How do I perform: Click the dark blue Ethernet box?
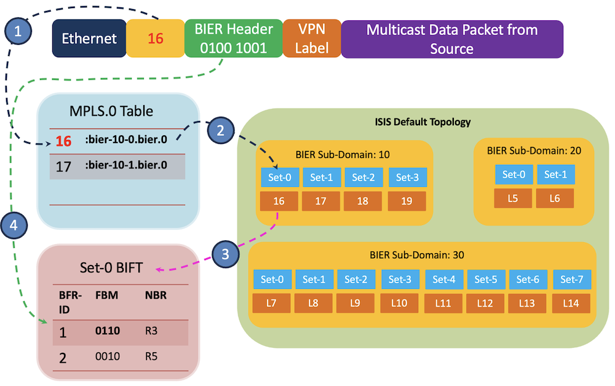pyautogui.click(x=89, y=38)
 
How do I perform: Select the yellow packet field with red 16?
pyautogui.click(x=156, y=38)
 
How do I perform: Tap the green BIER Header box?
pyautogui.click(x=234, y=38)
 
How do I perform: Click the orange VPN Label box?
pyautogui.click(x=312, y=38)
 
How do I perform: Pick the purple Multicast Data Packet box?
pyautogui.click(x=452, y=39)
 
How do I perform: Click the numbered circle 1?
pyautogui.click(x=18, y=31)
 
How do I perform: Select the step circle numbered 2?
pyautogui.click(x=220, y=130)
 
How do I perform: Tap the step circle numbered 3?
pyautogui.click(x=225, y=254)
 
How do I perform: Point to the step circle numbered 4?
pyautogui.click(x=14, y=226)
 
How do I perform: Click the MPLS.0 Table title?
pyautogui.click(x=111, y=111)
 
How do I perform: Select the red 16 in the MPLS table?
pyautogui.click(x=63, y=141)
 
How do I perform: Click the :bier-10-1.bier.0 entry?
pyautogui.click(x=126, y=165)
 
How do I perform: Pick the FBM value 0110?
pyautogui.click(x=108, y=331)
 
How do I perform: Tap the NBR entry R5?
pyautogui.click(x=151, y=356)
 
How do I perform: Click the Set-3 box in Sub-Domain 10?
pyautogui.click(x=408, y=178)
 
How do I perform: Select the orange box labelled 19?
pyautogui.click(x=407, y=201)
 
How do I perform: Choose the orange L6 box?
pyautogui.click(x=555, y=199)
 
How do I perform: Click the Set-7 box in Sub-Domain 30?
pyautogui.click(x=572, y=280)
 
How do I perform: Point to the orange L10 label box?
pyautogui.click(x=399, y=303)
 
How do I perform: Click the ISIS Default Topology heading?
pyautogui.click(x=423, y=122)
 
